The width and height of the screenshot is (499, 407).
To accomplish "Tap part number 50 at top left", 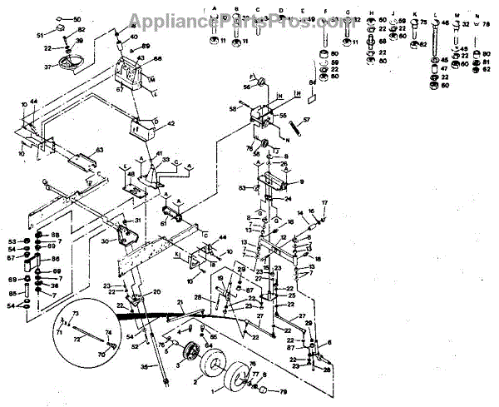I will pos(77,18).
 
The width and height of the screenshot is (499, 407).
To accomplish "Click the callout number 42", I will pos(171,123).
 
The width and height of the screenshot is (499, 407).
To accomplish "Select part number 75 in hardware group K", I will pos(424,23).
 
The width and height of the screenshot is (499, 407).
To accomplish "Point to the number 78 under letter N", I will pos(487,26).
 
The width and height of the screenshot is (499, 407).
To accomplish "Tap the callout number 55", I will pos(282,117).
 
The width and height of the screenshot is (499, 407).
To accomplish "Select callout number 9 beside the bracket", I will pos(301,181).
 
